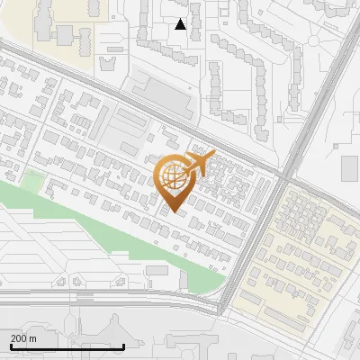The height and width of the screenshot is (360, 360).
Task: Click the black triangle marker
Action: coord(181,24)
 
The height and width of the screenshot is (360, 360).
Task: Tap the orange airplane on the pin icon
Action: coord(200,163)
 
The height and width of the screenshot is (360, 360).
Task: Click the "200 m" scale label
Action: coord(22,337)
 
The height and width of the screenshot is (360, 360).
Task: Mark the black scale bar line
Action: coord(67,346)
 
